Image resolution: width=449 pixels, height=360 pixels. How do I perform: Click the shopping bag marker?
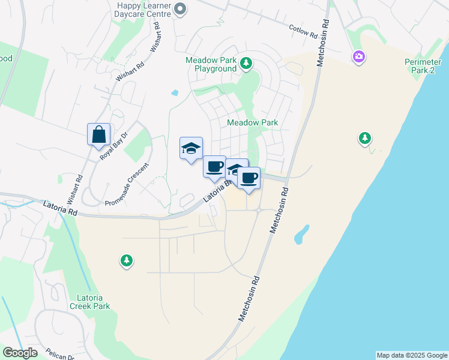point(98,135)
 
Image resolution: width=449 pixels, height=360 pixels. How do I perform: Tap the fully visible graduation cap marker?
point(191,149)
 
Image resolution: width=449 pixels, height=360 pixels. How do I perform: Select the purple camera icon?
point(359,56)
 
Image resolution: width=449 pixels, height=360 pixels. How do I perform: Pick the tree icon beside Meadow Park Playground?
point(246,62)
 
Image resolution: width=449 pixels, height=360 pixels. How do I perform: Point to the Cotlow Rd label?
point(303,31)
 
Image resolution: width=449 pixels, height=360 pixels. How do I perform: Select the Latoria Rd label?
point(61,208)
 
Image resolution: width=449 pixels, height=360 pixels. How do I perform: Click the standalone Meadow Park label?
point(253,122)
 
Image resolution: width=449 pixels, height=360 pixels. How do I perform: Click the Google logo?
point(20,353)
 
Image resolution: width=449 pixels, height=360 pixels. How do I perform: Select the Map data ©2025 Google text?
point(412,355)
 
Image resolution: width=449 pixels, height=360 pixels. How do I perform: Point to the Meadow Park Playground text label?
point(211,64)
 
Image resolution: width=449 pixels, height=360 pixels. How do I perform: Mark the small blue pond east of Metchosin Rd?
point(302,234)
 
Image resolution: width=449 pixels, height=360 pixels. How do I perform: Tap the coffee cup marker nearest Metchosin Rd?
point(249,178)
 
